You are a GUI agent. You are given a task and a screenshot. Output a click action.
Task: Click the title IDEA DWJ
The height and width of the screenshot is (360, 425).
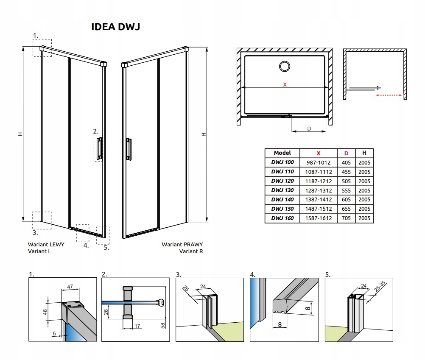click(x=116, y=27)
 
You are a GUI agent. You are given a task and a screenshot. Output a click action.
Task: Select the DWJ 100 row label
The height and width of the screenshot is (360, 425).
click(x=282, y=162)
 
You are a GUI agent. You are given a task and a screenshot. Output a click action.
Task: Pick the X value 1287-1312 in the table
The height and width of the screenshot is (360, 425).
click(x=319, y=190)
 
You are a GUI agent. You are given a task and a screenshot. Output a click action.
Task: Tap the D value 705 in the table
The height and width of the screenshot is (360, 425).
click(x=346, y=218)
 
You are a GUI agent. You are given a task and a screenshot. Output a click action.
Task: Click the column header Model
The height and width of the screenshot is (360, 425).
click(x=282, y=153)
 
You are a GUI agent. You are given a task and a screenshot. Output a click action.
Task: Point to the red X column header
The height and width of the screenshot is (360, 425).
click(x=319, y=153)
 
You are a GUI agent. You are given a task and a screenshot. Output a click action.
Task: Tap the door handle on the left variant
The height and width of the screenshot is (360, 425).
click(x=99, y=148)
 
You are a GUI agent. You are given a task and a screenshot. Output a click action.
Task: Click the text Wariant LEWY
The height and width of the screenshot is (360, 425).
click(x=46, y=245)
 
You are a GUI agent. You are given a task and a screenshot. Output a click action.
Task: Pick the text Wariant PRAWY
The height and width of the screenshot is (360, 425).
click(x=182, y=245)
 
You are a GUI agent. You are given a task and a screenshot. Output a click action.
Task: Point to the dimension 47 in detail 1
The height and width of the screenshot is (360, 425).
click(x=70, y=287)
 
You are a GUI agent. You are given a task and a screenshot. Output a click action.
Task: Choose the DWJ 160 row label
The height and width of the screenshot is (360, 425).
click(x=282, y=218)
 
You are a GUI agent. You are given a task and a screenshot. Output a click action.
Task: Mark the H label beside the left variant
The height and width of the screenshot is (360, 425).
click(x=20, y=134)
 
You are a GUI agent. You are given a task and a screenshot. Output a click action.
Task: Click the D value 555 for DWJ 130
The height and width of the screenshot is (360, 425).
click(x=346, y=190)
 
